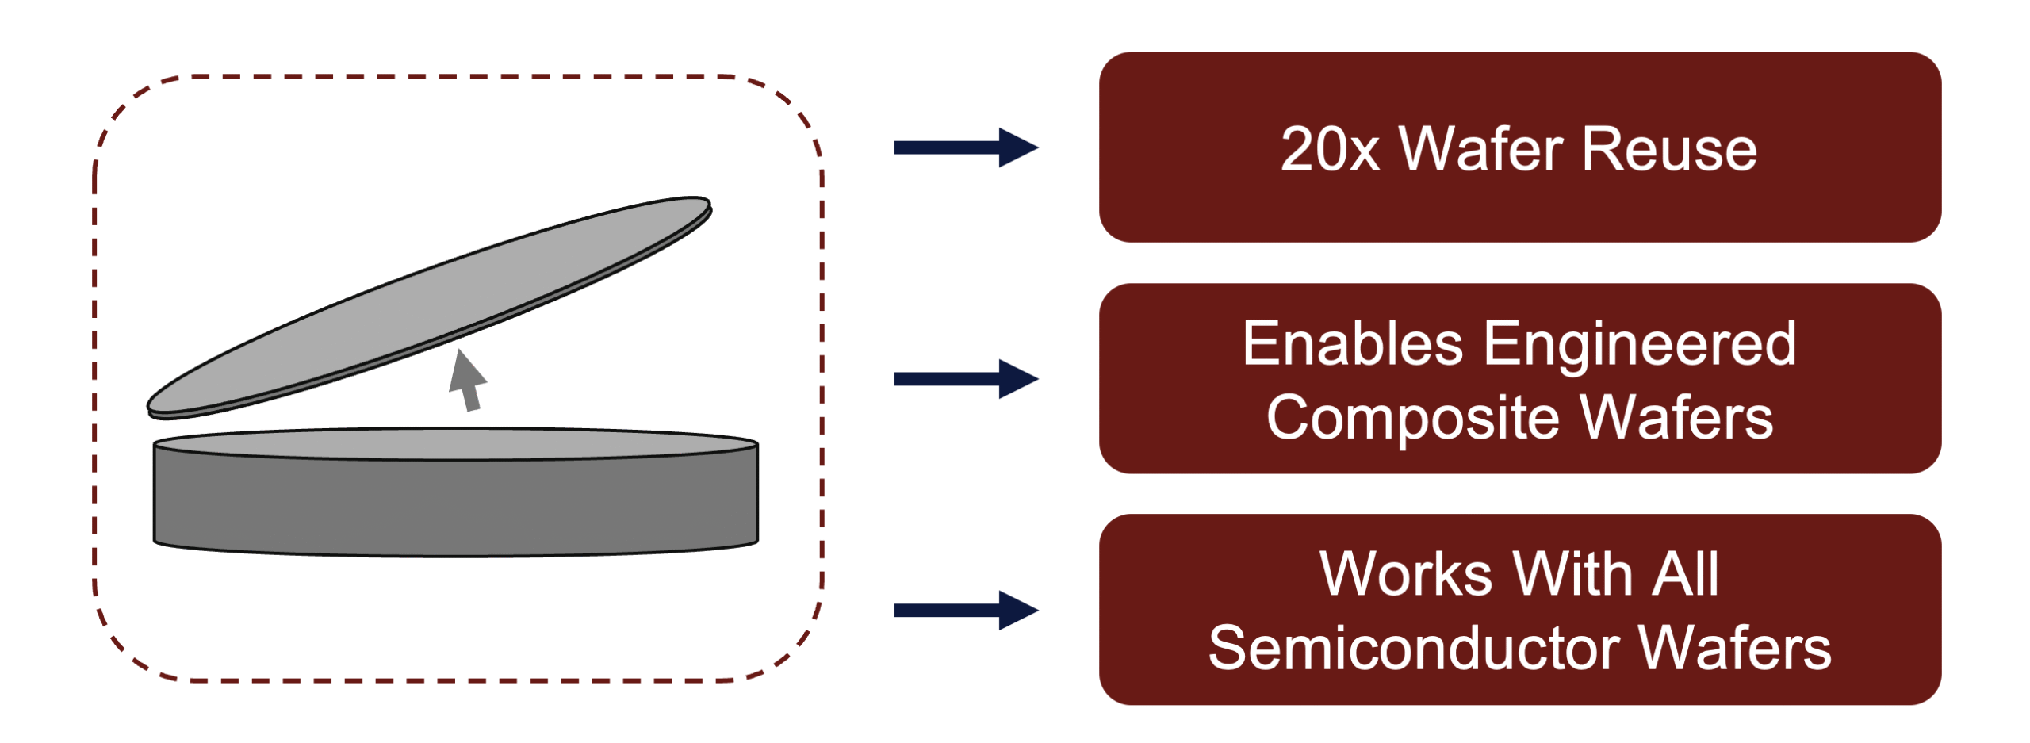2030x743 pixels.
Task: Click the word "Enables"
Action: pos(1352,344)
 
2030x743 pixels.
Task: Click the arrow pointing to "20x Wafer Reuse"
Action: pos(963,147)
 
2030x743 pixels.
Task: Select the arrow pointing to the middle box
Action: pos(963,379)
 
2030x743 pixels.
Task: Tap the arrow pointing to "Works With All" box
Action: pos(963,610)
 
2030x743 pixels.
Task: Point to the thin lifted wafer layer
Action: pos(428,305)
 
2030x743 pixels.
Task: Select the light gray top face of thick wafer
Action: pos(456,443)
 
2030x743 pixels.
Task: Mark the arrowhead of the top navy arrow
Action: pos(1017,147)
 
